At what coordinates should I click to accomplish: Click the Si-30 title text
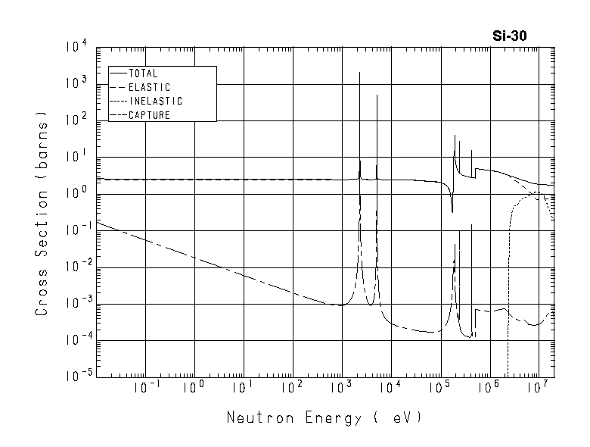(x=514, y=35)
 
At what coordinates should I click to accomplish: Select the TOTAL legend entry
(x=143, y=73)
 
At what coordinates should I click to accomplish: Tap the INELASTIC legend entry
(x=155, y=101)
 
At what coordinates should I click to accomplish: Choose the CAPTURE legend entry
(x=149, y=115)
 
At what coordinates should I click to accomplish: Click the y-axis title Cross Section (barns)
(x=42, y=214)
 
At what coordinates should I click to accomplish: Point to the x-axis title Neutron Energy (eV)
(x=323, y=417)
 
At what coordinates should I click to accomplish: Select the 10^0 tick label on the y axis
(x=76, y=194)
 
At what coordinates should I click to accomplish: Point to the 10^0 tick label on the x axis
(x=194, y=389)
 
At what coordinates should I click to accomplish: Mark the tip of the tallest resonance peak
(x=359, y=73)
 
